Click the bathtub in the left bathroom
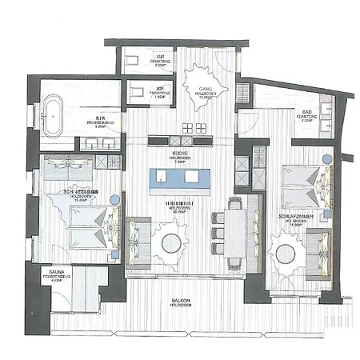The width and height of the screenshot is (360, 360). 54,114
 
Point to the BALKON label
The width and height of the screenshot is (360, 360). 180,301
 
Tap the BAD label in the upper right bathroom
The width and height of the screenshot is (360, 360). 306,111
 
